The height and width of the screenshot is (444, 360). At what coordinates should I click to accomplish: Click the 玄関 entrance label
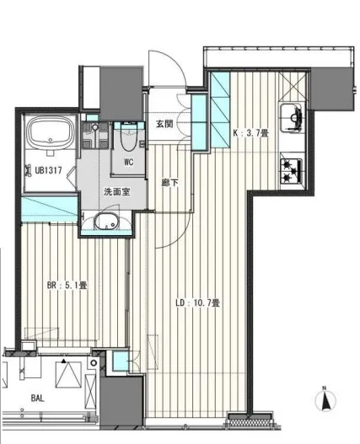coord(164,124)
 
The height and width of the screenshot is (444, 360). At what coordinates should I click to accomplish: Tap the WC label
coord(129,162)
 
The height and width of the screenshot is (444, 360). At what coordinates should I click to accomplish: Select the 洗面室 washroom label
coord(117,192)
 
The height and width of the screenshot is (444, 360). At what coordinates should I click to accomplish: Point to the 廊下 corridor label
coord(169,183)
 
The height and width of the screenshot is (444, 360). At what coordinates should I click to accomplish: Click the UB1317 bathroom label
coord(48,170)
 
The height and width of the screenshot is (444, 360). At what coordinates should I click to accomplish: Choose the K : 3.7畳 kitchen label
coord(250,133)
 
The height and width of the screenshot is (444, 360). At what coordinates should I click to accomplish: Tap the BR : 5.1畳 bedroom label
coord(67,285)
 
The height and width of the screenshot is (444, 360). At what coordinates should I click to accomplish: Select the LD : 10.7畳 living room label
coord(197,302)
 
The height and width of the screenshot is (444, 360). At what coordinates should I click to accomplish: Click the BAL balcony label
coord(37,399)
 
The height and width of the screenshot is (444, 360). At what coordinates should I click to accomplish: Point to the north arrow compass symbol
coord(325,400)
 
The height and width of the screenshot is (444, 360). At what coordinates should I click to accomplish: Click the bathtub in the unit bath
coord(51,133)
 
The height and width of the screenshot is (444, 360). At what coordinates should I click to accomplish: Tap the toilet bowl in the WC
coord(129,138)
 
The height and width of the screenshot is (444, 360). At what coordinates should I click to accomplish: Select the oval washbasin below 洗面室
coord(106,221)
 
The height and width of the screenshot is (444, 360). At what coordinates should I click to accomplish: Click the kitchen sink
coord(292,118)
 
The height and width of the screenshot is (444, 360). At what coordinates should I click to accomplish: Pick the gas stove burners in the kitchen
coord(292,171)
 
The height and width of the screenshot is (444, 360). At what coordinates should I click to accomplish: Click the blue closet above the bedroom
coord(50,208)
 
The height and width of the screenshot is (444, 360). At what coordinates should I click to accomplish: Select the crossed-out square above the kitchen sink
coord(292,87)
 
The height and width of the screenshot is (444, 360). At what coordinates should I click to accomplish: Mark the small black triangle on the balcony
coord(64,361)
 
